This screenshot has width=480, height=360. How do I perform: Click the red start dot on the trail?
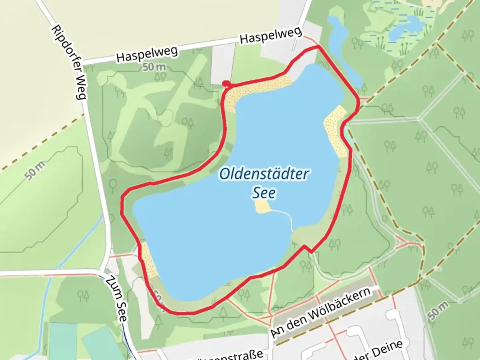pos(226,83)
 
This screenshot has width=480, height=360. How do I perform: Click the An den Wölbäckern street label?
pos(320,312)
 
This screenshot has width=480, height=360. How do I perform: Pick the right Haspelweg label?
pos(271,35)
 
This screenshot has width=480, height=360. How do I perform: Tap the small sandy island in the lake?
pos(262,207)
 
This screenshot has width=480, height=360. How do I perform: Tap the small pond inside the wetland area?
pos(407,27)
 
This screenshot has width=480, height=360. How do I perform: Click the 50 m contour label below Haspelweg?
pos(154,67)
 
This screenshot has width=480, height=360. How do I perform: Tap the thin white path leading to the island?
pos(283,215)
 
